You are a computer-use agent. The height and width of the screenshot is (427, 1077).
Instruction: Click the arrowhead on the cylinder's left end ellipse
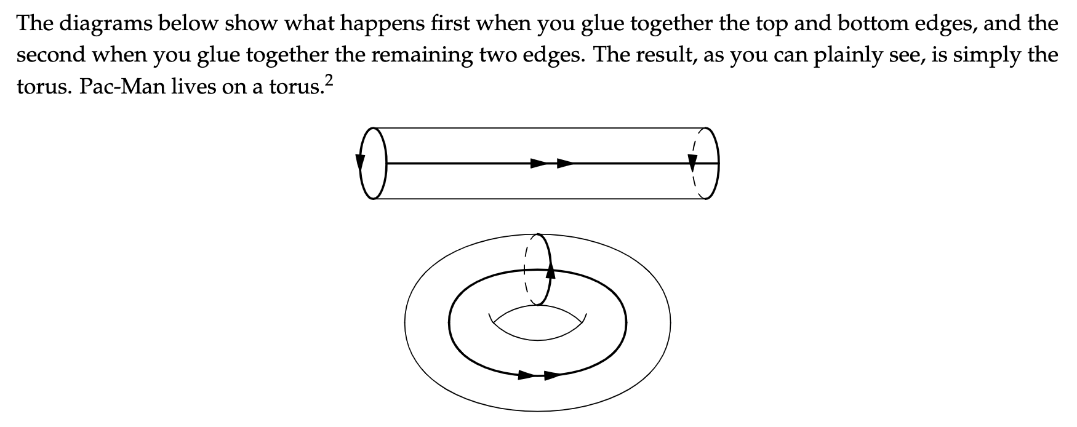pos(360,162)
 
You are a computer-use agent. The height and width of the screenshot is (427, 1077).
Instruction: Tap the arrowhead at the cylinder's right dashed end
pos(693,162)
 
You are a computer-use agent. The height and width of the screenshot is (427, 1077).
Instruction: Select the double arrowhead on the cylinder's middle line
pos(551,163)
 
